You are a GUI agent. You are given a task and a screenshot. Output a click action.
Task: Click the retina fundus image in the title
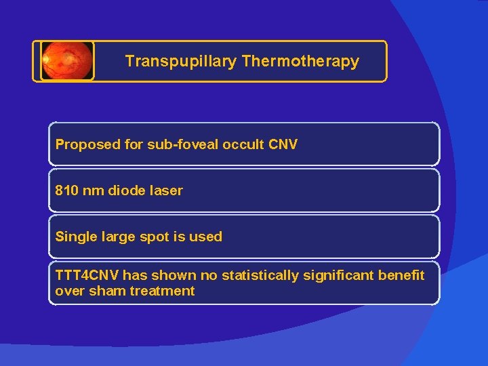66,61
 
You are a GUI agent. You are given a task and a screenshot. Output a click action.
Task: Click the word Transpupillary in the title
181,61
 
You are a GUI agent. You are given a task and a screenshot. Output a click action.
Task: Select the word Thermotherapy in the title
300,61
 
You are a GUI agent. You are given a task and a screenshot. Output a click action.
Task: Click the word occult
239,144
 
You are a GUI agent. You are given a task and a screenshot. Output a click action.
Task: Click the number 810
66,190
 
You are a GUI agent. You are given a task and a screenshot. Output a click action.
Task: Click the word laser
167,190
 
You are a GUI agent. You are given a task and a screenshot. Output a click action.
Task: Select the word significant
337,275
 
